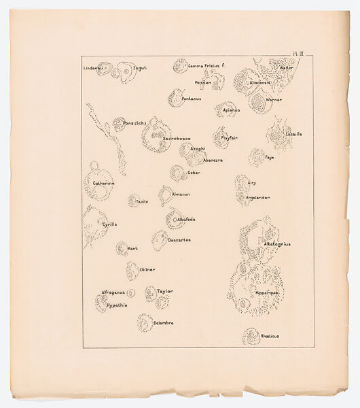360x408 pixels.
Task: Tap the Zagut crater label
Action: (139, 68)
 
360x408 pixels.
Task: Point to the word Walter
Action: (287, 68)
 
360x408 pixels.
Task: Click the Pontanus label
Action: (192, 99)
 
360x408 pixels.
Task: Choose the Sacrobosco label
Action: (177, 138)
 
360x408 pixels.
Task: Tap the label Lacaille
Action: (293, 134)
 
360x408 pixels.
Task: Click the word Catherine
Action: (104, 183)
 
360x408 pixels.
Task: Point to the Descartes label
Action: (179, 239)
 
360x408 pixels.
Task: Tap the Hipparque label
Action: (269, 292)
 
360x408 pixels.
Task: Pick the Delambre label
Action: (164, 322)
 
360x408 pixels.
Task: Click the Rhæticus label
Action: (270, 336)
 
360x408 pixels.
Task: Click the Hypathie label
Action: (117, 305)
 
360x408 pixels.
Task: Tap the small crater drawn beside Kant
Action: (122, 249)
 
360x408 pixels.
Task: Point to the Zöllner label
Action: (147, 269)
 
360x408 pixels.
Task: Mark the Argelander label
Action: (258, 197)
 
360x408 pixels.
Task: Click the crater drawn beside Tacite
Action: (134, 201)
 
